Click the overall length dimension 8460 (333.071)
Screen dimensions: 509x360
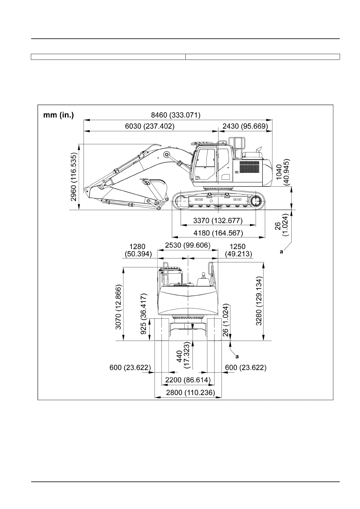175,115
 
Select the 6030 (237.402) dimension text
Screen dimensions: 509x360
150,126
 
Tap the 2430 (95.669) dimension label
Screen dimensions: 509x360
245,126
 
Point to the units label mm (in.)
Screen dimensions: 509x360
58,115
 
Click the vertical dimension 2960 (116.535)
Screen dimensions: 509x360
74,177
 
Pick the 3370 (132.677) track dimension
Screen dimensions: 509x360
218,221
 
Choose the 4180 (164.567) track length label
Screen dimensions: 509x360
218,233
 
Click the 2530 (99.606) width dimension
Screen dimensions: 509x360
188,245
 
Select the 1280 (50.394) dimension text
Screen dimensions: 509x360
138,251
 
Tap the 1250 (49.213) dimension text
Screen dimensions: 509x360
238,251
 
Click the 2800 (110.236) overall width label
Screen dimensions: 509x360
191,392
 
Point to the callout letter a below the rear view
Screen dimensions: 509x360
237,357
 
